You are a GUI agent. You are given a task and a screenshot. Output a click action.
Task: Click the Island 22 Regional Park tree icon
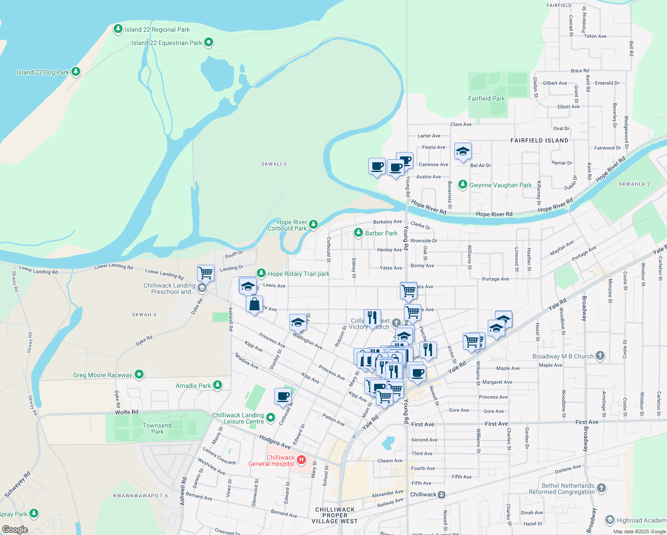(118, 29)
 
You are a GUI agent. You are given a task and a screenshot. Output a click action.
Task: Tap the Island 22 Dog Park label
(43, 72)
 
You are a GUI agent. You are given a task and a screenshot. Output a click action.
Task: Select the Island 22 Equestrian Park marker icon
(209, 43)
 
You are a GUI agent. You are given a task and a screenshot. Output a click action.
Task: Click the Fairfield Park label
(486, 99)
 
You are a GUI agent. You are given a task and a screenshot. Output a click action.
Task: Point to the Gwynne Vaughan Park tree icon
(463, 185)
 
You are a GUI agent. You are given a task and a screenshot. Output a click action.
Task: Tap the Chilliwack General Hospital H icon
(301, 460)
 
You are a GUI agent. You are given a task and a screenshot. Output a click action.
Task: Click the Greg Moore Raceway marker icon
(139, 375)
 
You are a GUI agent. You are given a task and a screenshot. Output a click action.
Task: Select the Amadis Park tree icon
(218, 385)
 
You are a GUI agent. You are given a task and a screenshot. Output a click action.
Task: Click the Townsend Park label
(157, 428)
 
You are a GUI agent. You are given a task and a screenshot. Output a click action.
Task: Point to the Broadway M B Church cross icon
(600, 356)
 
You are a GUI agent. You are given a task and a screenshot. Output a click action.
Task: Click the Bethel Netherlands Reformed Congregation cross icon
(601, 488)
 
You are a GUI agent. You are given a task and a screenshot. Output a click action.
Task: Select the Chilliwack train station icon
(441, 494)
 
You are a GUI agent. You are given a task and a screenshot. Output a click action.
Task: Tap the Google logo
(15, 530)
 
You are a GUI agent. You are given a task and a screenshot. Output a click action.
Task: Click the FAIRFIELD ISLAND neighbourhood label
(539, 140)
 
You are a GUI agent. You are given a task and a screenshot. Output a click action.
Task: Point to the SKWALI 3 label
(274, 164)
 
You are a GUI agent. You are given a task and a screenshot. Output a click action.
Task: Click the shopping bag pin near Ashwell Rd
(254, 305)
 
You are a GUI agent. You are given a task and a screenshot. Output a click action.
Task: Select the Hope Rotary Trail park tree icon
(261, 273)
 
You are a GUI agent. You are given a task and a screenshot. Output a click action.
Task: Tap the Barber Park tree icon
(358, 233)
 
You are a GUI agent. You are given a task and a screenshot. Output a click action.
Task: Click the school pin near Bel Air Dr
(463, 151)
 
